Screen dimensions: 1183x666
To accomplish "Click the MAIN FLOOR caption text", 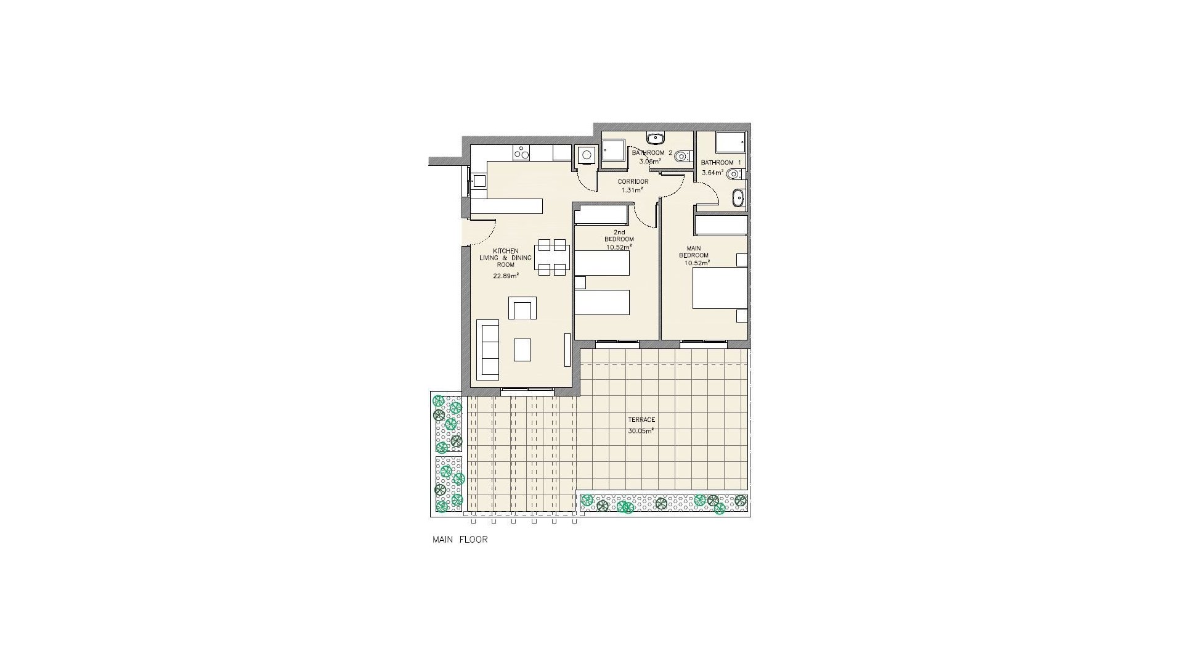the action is click(x=460, y=540).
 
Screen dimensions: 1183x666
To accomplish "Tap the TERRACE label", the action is click(x=641, y=420).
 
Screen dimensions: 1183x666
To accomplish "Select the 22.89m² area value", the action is click(x=505, y=276).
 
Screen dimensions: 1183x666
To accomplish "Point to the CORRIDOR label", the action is click(x=633, y=181).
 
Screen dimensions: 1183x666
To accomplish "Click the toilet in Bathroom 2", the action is click(x=680, y=157).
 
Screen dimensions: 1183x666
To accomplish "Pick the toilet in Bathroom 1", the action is click(x=733, y=175).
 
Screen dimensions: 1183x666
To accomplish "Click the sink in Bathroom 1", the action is click(x=738, y=198).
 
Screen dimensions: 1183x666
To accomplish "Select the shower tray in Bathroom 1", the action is click(x=731, y=141).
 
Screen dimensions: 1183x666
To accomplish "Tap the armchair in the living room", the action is click(x=522, y=308).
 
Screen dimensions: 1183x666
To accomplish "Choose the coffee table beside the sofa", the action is click(x=522, y=350).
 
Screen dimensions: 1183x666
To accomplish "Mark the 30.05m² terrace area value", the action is click(x=641, y=431).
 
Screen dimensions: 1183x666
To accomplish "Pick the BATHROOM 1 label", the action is click(x=717, y=163).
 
